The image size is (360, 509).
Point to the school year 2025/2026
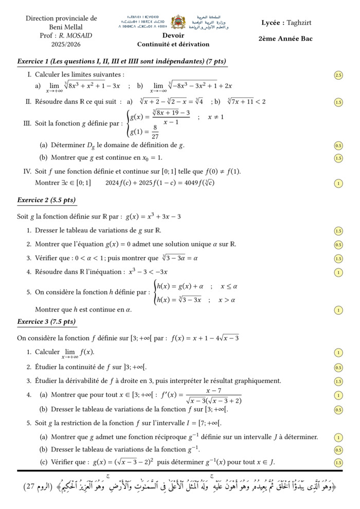(61, 45)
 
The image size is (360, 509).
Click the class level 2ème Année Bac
(285, 39)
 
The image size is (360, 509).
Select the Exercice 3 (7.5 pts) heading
(46, 322)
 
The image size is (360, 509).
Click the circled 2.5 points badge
(338, 75)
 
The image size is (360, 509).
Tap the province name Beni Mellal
(61, 27)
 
